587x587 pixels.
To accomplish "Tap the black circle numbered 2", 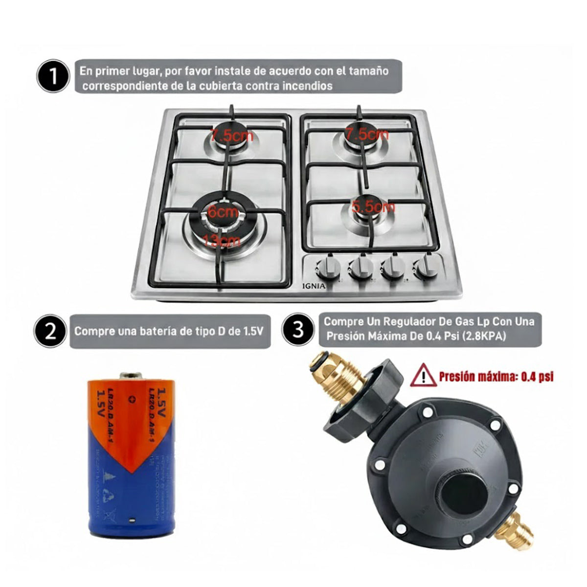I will point(51,331).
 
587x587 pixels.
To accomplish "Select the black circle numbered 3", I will point(298,329).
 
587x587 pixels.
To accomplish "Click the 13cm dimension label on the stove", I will point(223,241).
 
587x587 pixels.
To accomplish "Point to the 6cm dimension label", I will point(223,213).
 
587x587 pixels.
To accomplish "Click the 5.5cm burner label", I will point(373,207).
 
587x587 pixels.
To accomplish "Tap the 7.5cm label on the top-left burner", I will point(232,135).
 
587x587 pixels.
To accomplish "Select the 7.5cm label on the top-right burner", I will point(366,134).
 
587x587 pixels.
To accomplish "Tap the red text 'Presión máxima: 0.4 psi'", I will point(496,377).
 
